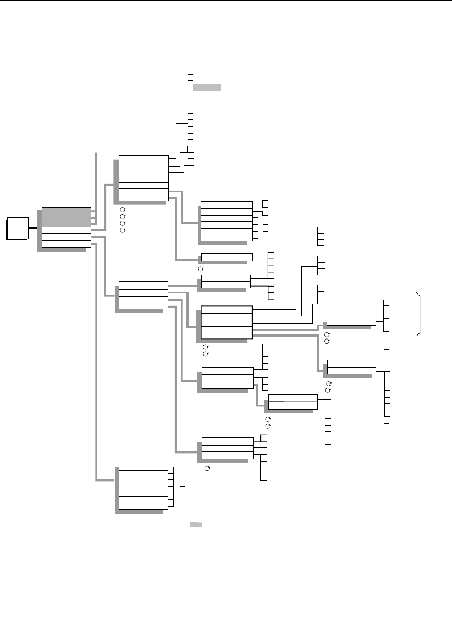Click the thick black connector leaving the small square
31,228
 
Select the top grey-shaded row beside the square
66,211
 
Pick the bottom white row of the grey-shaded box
66,244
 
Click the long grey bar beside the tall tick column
206,87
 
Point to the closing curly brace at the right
421,314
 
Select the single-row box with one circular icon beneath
226,257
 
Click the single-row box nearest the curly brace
351,322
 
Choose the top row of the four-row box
142,285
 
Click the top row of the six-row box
226,205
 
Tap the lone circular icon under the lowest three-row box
207,468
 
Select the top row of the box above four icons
142,159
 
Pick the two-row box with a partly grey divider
293,402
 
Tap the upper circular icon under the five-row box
206,347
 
